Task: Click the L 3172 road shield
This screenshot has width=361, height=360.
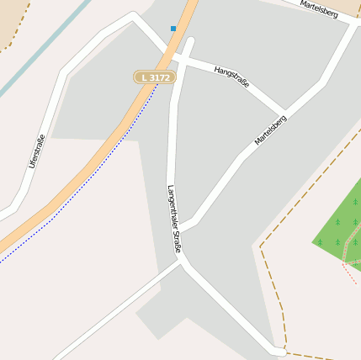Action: [155, 77]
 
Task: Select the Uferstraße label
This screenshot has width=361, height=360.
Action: [35, 151]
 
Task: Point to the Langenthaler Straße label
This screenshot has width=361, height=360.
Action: [174, 219]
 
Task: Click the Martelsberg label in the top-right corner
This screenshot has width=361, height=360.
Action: [324, 11]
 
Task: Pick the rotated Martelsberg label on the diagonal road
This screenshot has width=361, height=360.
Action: [271, 130]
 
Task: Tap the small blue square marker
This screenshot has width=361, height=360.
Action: [173, 29]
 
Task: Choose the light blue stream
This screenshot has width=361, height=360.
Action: [42, 50]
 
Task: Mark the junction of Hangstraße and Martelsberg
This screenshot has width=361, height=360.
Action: [284, 110]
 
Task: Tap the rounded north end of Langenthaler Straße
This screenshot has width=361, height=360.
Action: [188, 42]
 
